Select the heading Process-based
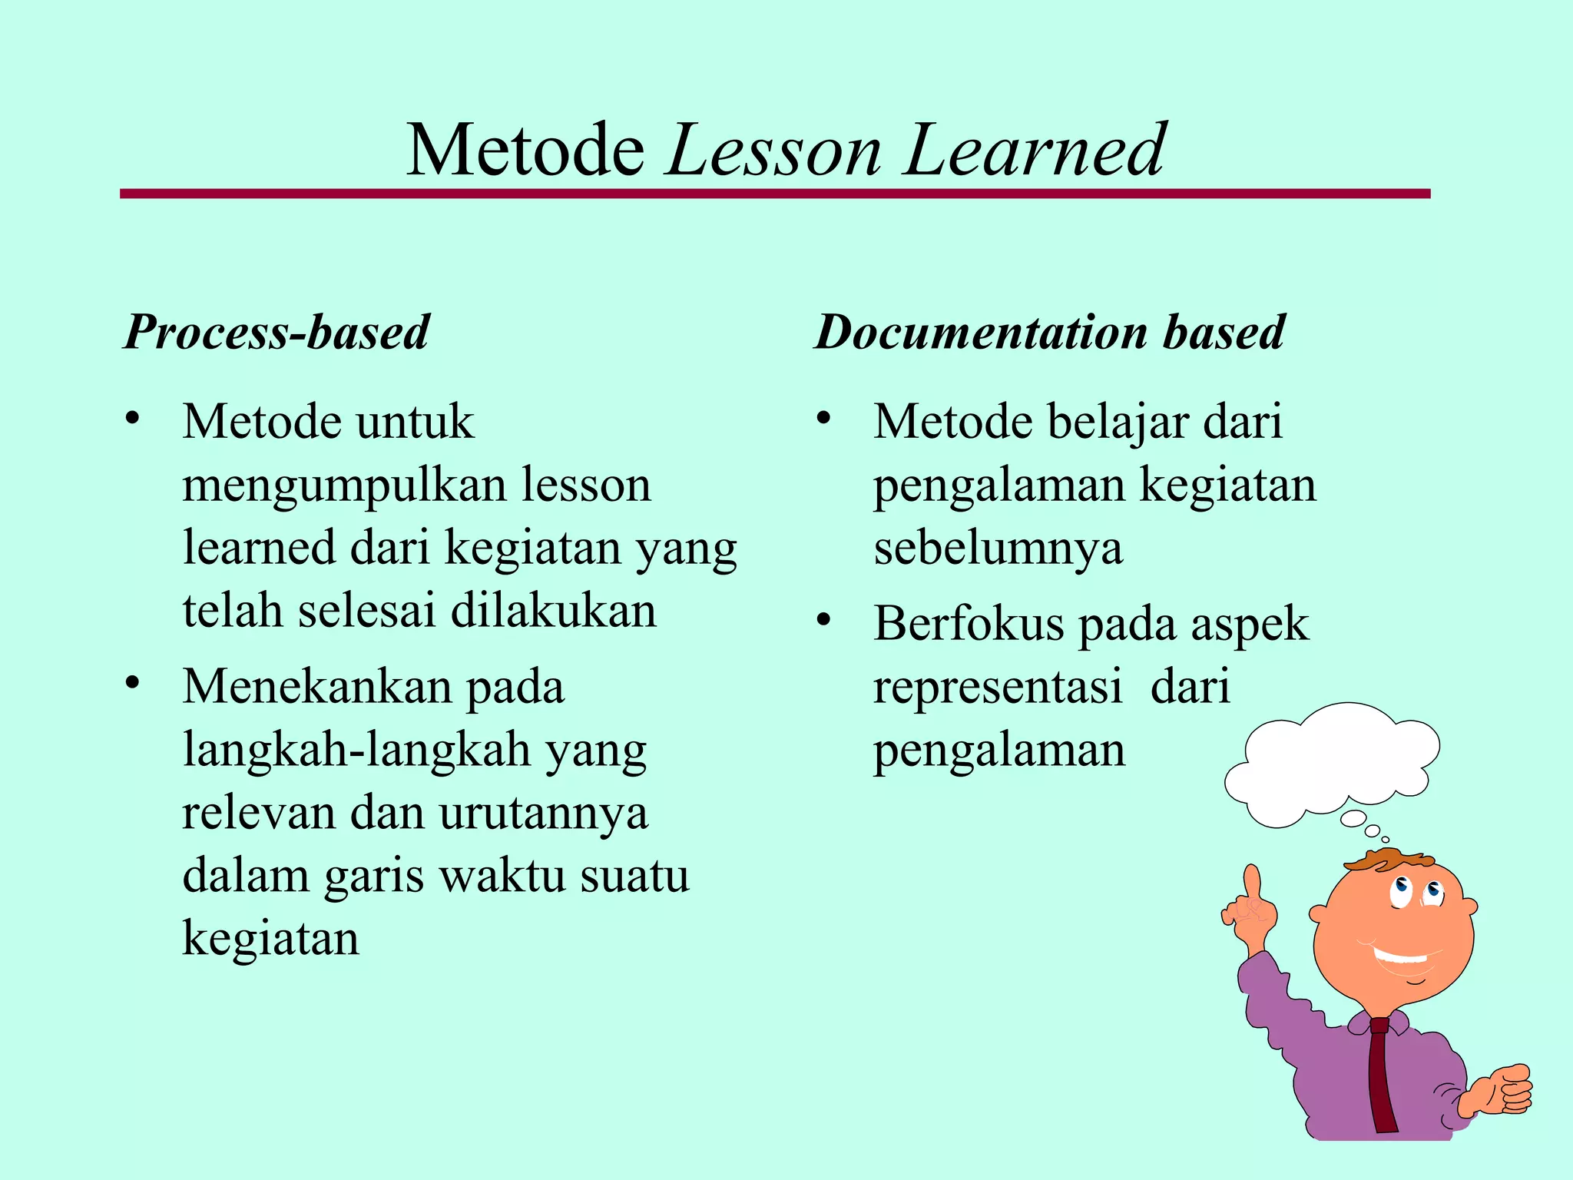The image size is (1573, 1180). pos(277,332)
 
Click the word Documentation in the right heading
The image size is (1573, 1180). pos(980,332)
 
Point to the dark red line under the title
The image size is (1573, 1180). pos(774,194)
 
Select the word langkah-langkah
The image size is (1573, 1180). pos(357,750)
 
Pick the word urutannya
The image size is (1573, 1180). pos(543,813)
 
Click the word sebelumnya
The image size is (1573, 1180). pos(998,549)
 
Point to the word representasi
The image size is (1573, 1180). pos(998,686)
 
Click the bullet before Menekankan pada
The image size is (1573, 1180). pos(133,681)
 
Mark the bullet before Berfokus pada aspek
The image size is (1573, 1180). pos(824,619)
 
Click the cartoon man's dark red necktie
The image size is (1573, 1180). pos(1383,1076)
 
